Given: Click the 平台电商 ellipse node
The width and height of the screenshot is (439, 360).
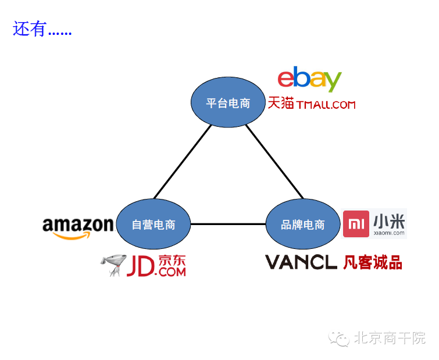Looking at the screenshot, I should (228, 103).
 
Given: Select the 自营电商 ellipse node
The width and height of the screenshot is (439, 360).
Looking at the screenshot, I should (154, 224).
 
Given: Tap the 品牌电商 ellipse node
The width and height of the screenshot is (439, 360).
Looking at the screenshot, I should (302, 224).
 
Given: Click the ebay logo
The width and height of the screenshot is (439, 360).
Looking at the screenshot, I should (309, 80).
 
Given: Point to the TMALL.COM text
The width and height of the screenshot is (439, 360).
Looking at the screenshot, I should (326, 105).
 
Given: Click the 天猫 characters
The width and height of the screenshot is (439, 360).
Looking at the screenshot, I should (281, 103).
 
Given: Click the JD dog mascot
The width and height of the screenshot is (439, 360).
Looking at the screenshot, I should (112, 265).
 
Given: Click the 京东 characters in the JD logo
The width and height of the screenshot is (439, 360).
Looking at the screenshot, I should (172, 260).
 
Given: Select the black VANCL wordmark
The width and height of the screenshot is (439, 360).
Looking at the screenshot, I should (301, 262).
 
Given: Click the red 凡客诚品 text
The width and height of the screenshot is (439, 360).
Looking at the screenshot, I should (372, 262).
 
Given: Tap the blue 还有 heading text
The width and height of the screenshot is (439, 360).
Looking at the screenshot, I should (29, 29).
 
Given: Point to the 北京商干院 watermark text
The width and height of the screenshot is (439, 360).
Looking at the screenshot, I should (390, 338).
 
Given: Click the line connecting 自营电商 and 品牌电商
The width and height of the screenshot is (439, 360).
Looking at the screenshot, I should (228, 224).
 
